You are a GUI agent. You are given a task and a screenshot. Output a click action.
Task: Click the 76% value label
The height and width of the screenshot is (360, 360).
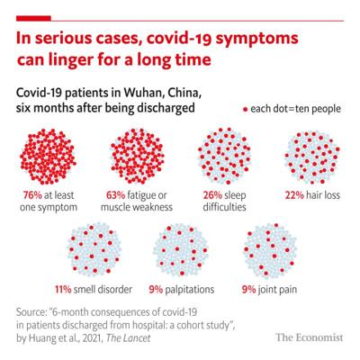click(x=32, y=195)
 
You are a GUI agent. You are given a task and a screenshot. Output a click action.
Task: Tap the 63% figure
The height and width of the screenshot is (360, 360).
click(x=116, y=195)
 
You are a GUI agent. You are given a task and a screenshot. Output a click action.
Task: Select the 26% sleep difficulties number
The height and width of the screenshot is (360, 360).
click(x=212, y=195)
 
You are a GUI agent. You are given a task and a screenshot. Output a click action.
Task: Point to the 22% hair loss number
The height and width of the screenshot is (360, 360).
click(x=294, y=195)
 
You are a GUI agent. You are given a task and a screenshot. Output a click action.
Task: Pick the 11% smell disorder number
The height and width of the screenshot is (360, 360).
click(x=63, y=290)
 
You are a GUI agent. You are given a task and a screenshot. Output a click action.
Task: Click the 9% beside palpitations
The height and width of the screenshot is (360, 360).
click(x=156, y=290)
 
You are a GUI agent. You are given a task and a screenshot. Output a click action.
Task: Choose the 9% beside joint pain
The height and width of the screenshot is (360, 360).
click(x=249, y=290)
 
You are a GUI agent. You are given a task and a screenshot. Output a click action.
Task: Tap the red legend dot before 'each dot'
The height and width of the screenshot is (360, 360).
click(x=245, y=110)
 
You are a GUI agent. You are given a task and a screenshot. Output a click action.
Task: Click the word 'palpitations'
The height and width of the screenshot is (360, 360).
click(x=190, y=290)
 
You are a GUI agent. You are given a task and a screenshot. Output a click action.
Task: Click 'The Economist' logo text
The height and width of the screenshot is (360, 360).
click(x=310, y=337)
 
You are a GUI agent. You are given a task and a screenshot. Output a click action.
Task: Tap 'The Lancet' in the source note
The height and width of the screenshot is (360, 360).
click(x=129, y=338)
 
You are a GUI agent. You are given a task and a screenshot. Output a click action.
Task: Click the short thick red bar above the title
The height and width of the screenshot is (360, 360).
click(x=33, y=19)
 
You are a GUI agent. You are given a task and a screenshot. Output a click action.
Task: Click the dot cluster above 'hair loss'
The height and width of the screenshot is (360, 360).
click(x=312, y=157)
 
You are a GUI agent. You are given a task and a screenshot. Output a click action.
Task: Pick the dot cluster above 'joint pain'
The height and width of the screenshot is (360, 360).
click(x=270, y=250)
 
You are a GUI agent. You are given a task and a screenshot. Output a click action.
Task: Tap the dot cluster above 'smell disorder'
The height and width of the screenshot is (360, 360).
click(x=94, y=249)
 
